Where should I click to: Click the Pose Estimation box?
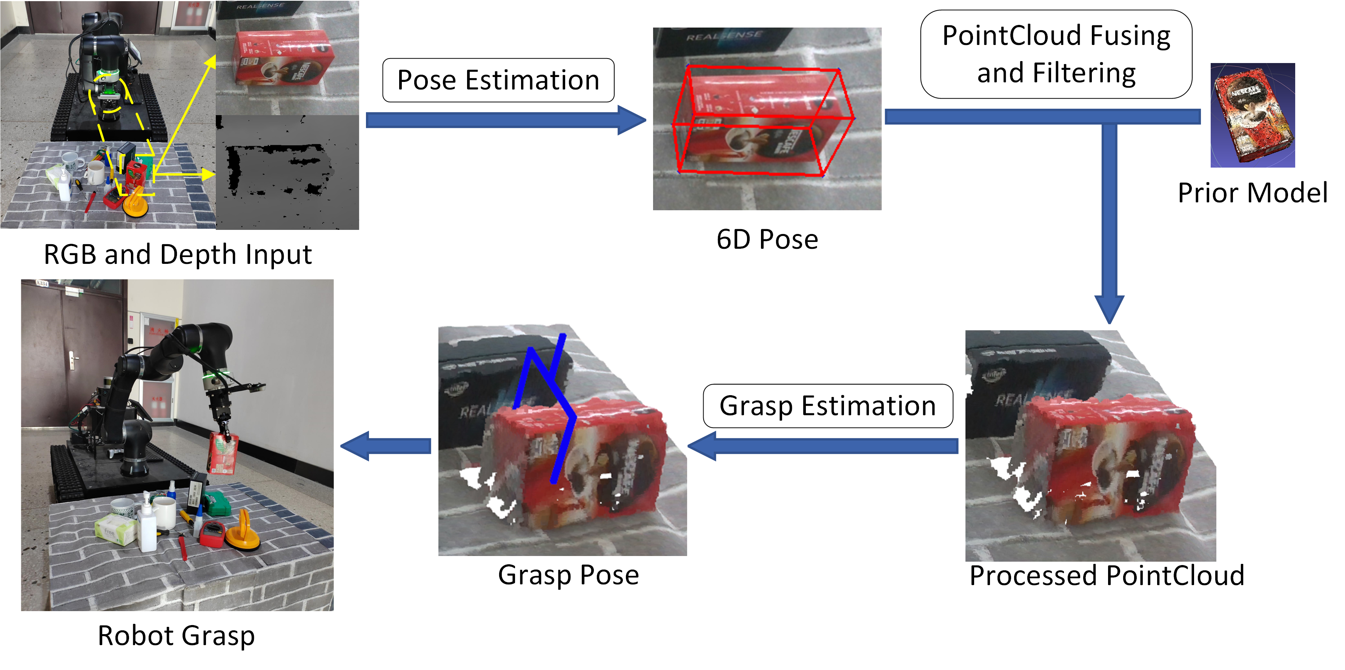498,80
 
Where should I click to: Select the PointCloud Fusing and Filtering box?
1056,54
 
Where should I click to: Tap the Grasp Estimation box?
828,406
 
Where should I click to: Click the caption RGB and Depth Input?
178,255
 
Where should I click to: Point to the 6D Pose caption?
767,240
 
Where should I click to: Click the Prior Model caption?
1252,193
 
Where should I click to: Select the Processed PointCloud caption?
1107,576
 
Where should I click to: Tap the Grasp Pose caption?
568,575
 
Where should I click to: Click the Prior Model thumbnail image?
1253,115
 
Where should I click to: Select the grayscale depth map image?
287,173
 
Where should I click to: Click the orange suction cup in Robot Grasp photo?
243,533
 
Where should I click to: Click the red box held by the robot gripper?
223,452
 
